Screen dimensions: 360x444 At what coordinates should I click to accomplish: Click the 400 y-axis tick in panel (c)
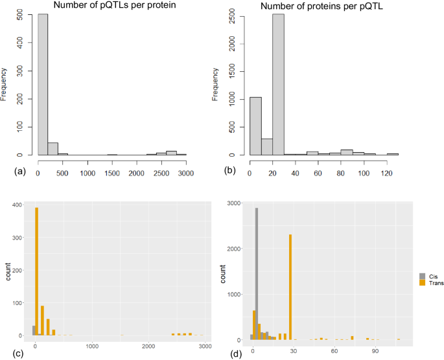[x=19, y=205]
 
